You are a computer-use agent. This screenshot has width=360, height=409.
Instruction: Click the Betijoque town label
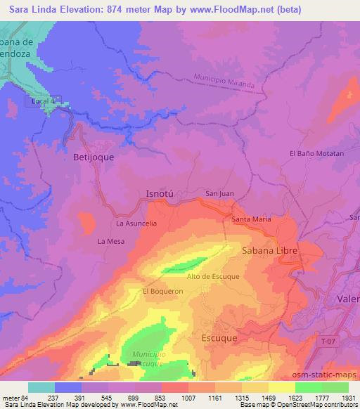click(94, 158)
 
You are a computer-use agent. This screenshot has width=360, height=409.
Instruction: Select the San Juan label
click(219, 193)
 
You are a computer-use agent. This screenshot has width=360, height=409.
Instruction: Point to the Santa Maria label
click(251, 219)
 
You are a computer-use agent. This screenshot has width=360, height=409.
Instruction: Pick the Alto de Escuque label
click(213, 276)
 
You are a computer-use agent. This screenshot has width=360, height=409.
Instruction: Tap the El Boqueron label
click(158, 290)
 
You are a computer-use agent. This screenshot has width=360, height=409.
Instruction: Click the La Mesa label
click(111, 241)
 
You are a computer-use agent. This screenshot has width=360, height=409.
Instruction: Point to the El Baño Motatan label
click(316, 153)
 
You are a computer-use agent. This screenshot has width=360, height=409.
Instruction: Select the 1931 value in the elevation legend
click(349, 398)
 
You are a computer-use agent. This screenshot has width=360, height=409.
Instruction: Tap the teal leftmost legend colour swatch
click(41, 387)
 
